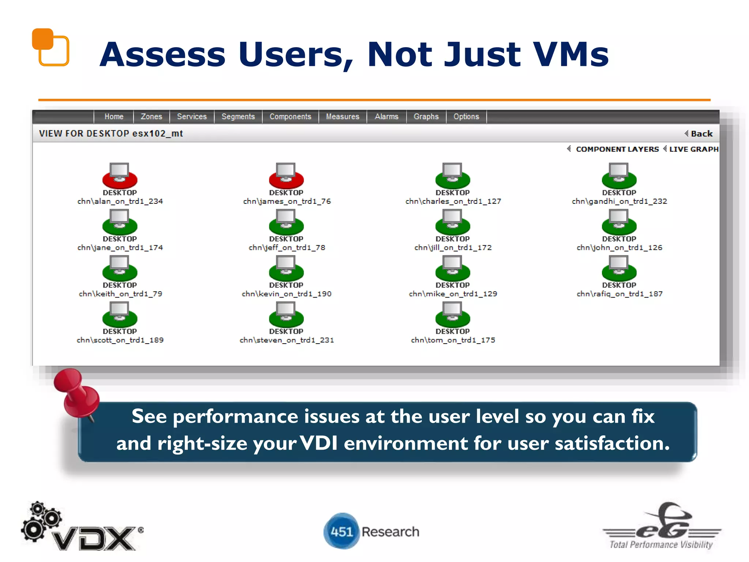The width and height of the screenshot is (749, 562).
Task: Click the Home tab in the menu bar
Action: pyautogui.click(x=114, y=117)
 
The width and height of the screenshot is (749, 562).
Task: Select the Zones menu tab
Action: pyautogui.click(x=151, y=117)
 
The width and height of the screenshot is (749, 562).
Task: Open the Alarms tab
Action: pyautogui.click(x=386, y=117)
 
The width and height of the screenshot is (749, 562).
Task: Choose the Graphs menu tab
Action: pyautogui.click(x=426, y=117)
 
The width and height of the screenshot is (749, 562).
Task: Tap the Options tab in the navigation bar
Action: pyautogui.click(x=466, y=117)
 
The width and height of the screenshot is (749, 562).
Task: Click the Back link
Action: pyautogui.click(x=701, y=134)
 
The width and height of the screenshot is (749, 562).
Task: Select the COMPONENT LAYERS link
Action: pyautogui.click(x=617, y=149)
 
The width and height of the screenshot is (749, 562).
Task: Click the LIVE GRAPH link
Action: pyautogui.click(x=693, y=149)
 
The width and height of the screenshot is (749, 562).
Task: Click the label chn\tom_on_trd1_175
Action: pyautogui.click(x=453, y=340)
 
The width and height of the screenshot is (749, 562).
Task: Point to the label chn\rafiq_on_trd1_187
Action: pyautogui.click(x=619, y=294)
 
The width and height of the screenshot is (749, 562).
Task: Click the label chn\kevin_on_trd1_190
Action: pyautogui.click(x=286, y=294)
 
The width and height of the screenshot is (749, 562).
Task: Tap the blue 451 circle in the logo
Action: pyautogui.click(x=342, y=531)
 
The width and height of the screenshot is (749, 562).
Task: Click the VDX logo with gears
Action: pyautogui.click(x=82, y=528)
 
